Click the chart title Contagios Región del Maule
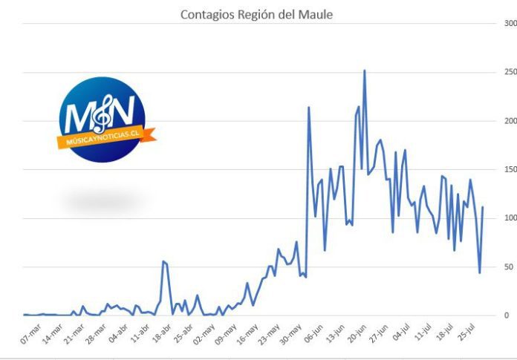click(x=256, y=15)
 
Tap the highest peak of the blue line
click(x=364, y=71)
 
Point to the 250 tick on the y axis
click(x=510, y=72)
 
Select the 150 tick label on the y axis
click(x=510, y=169)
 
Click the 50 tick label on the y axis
click(x=509, y=266)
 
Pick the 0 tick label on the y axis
click(x=507, y=315)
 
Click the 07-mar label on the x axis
click(x=30, y=334)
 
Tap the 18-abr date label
click(x=162, y=333)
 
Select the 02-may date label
click(x=204, y=334)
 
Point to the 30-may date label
click(x=290, y=334)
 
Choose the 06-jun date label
click(x=313, y=333)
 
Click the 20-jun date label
click(x=357, y=333)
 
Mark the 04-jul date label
click(x=401, y=333)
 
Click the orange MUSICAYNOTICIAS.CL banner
click(x=106, y=137)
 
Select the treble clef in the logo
click(x=103, y=114)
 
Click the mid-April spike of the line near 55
click(x=163, y=261)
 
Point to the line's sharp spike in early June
click(x=308, y=107)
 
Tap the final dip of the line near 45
click(x=479, y=272)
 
